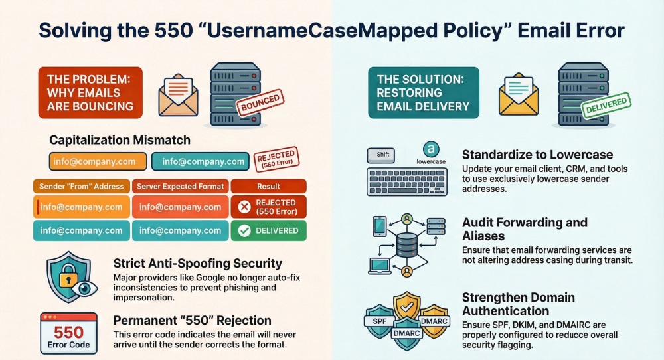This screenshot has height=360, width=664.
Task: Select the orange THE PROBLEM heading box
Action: tap(90, 93)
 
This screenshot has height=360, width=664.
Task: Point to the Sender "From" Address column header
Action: tap(81, 187)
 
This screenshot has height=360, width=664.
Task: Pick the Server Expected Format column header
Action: tap(181, 187)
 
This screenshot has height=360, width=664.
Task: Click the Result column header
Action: tap(268, 187)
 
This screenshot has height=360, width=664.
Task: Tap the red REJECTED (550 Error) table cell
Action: tap(268, 207)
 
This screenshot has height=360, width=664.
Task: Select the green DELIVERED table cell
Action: tap(268, 230)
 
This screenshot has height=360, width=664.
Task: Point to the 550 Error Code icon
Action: tap(68, 333)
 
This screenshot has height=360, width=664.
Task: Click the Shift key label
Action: tap(384, 154)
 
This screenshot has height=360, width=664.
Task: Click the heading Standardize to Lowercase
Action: tap(537, 154)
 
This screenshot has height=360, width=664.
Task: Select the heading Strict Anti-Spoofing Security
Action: tap(198, 264)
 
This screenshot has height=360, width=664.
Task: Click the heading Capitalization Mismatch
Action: tap(120, 140)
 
